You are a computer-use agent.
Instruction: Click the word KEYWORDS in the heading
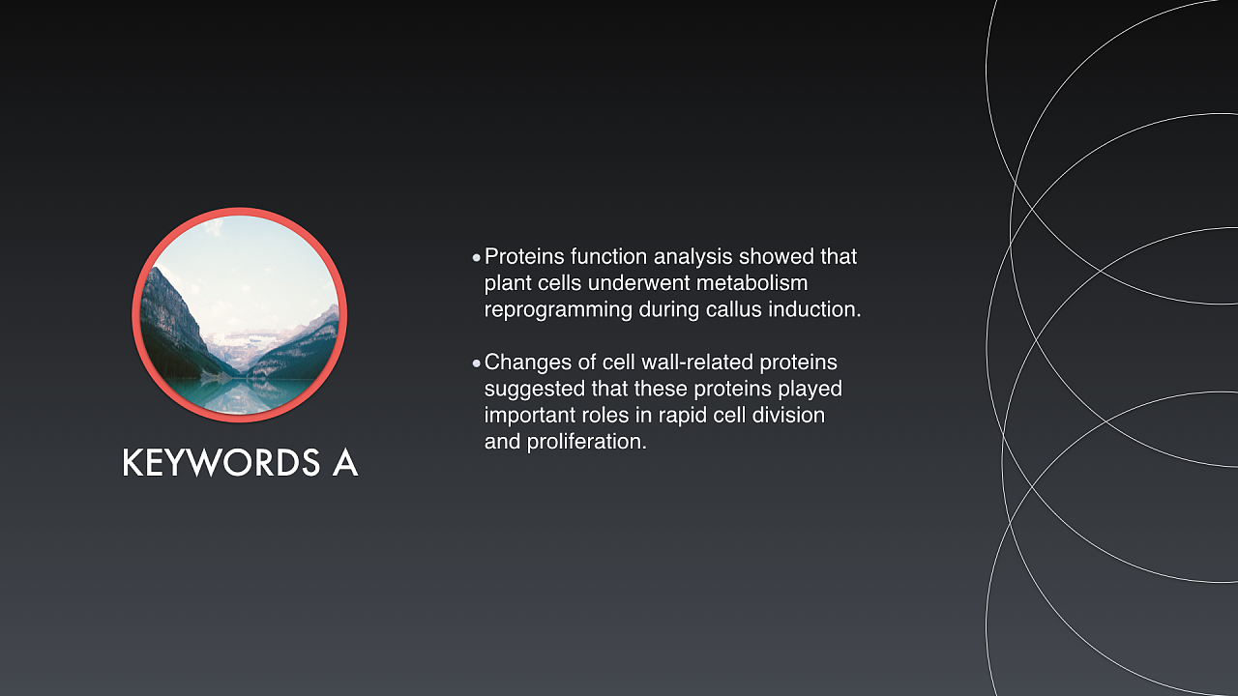[x=221, y=462]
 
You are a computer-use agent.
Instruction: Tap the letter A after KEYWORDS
[x=345, y=462]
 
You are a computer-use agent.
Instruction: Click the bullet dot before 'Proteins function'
[x=477, y=257]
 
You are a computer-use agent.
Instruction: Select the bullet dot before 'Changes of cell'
[x=477, y=363]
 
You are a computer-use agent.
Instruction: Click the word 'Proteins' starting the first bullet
[x=524, y=256]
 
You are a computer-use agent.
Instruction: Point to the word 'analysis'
[x=693, y=257]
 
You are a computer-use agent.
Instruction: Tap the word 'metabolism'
[x=752, y=283]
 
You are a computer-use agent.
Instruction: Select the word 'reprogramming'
[x=558, y=310]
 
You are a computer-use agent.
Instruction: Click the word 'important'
[x=529, y=417]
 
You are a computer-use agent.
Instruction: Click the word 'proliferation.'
[x=586, y=443]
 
